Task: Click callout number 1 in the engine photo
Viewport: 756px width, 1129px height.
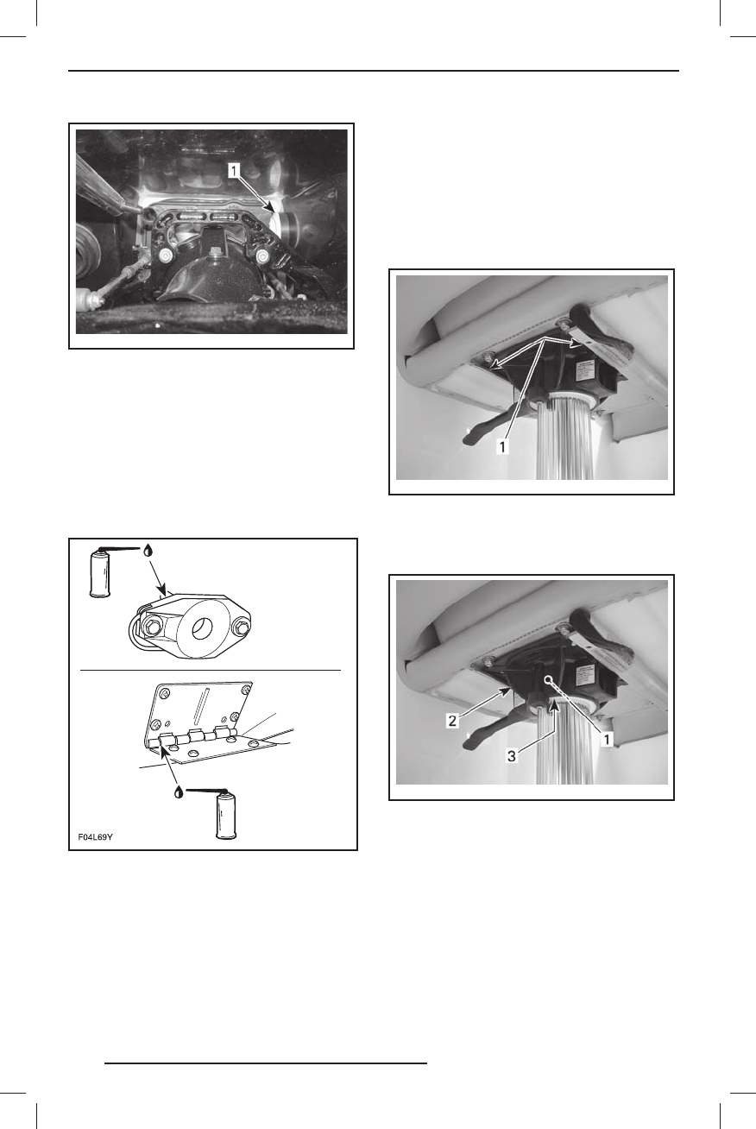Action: point(234,172)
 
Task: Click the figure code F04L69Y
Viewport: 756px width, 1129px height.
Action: point(95,837)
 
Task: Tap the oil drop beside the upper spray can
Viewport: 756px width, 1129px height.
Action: point(148,549)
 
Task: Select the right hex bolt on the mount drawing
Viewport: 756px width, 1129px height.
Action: point(241,628)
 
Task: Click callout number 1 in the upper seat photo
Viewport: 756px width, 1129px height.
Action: point(502,446)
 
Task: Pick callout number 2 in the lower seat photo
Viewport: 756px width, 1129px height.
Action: point(452,721)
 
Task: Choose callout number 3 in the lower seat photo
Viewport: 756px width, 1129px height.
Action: point(511,756)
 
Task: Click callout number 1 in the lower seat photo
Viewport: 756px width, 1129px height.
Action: point(608,740)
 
